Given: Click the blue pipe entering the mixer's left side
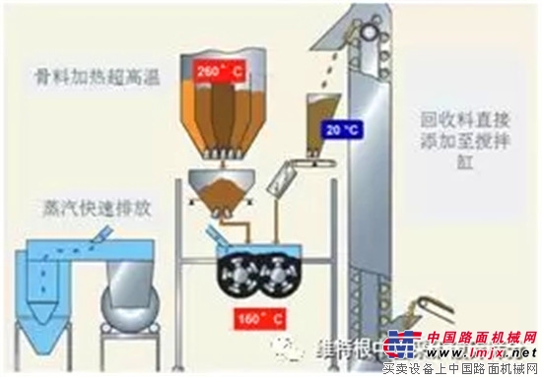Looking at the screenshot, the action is pos(212,237).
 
